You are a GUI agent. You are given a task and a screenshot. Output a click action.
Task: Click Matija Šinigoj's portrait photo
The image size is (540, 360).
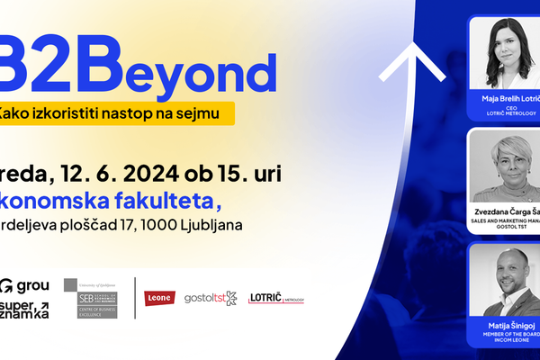click(506, 281)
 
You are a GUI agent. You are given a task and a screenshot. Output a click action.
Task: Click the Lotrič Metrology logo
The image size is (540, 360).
click(275, 298)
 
